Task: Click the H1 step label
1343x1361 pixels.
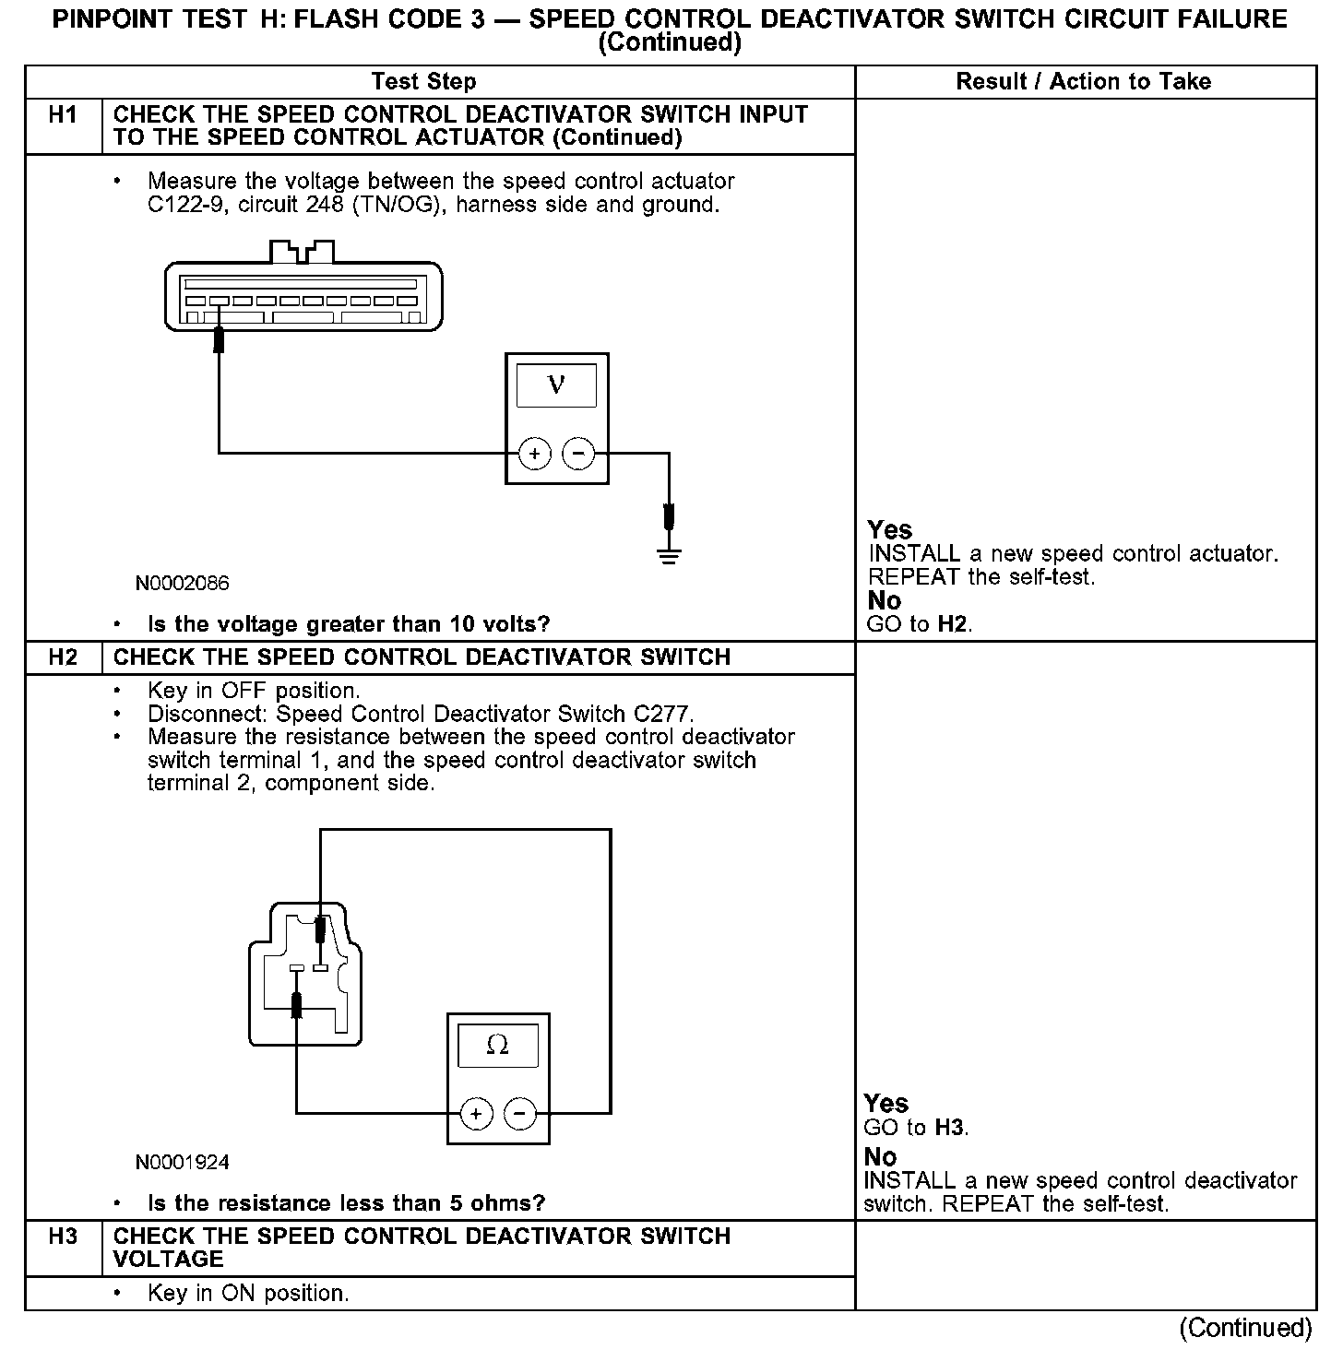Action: (63, 115)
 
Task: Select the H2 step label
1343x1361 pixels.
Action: (63, 657)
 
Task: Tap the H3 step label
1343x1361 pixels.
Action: (63, 1237)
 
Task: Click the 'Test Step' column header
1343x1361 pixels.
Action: (423, 82)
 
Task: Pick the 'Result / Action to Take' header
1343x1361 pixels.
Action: (1083, 82)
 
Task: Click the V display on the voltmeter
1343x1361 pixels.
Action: (556, 385)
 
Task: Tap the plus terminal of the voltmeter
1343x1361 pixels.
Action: (534, 454)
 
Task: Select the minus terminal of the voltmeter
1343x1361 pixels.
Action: (578, 454)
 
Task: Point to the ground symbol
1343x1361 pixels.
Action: (670, 555)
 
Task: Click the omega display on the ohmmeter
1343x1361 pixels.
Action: (498, 1046)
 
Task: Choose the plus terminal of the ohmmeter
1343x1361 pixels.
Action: (476, 1114)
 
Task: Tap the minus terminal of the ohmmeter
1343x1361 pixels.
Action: (520, 1114)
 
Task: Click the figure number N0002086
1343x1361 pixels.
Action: (183, 584)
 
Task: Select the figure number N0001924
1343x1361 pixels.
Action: (183, 1163)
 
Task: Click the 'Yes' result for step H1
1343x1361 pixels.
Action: (889, 530)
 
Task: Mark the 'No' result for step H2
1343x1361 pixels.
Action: (880, 1156)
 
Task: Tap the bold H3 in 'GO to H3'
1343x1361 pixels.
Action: (950, 1128)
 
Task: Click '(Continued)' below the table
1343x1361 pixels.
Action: (1244, 1328)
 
